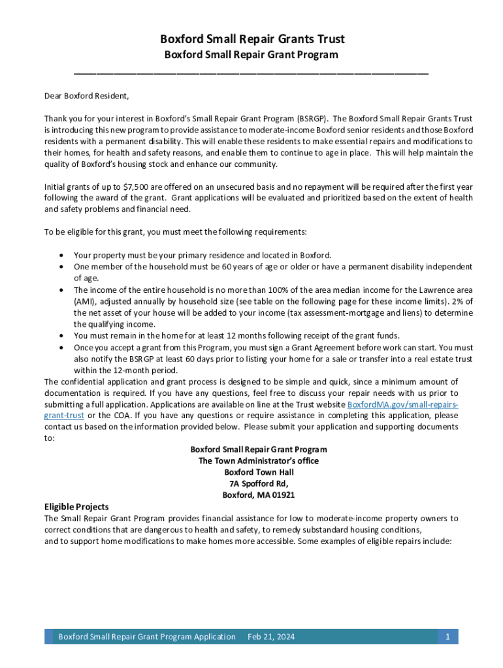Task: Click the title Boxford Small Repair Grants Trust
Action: coord(252,39)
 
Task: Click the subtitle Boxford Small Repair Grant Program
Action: coord(252,55)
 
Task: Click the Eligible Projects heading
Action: coord(76,507)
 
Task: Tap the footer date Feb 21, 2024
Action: coord(271,637)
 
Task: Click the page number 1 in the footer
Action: coord(447,637)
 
